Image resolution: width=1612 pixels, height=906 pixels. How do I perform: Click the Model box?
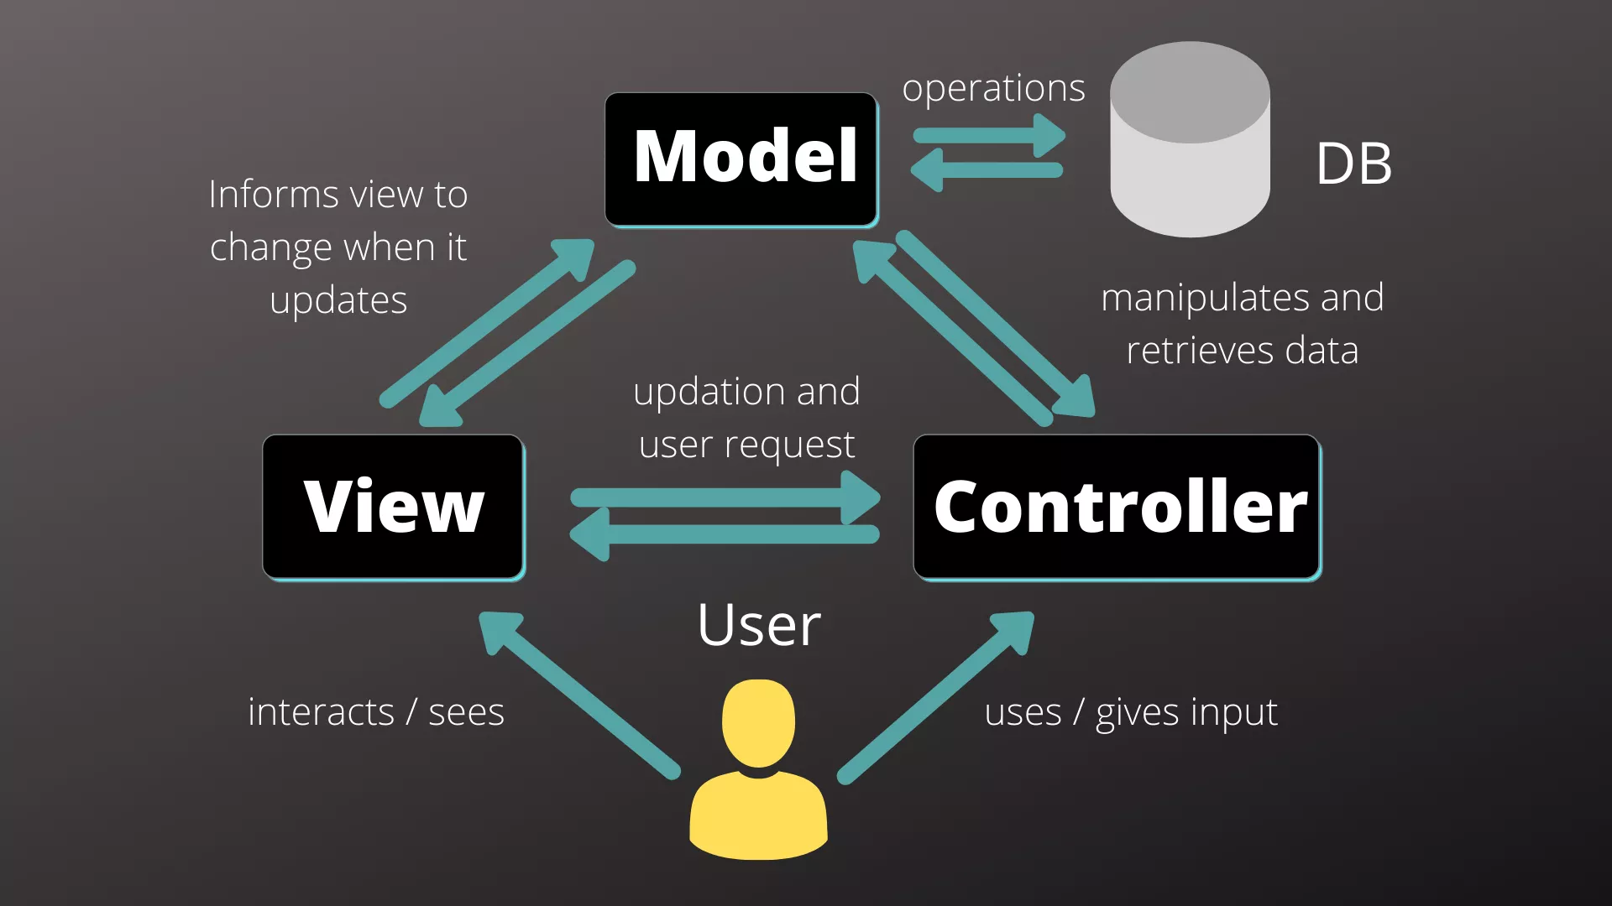[741, 159]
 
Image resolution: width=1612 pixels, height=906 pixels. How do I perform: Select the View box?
[393, 507]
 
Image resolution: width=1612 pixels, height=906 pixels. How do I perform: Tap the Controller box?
[1117, 507]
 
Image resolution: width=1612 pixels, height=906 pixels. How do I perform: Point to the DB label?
[1353, 164]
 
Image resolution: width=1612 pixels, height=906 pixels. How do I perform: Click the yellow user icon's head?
[758, 721]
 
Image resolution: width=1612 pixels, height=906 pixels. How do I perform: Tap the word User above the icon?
[759, 625]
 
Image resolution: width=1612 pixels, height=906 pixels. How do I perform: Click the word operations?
[993, 89]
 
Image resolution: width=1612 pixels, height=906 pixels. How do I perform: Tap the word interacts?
[321, 712]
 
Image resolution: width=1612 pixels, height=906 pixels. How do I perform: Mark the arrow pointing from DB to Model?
[987, 170]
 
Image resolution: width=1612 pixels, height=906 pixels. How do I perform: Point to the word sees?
[467, 712]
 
